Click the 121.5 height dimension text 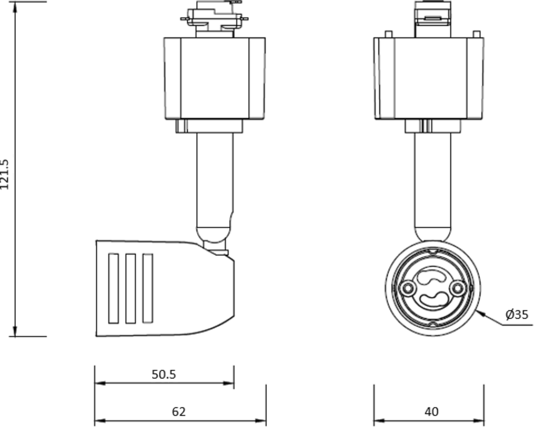pyautogui.click(x=5, y=174)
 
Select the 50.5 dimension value pyautogui.click(x=164, y=374)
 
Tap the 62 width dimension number pyautogui.click(x=178, y=411)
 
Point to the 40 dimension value pyautogui.click(x=431, y=411)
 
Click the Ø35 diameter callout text pyautogui.click(x=517, y=315)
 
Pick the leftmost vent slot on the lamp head pyautogui.click(x=114, y=288)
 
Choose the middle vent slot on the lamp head pyautogui.click(x=131, y=288)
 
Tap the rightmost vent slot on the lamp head pyautogui.click(x=148, y=288)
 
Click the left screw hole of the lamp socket pyautogui.click(x=407, y=289)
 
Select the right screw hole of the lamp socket pyautogui.click(x=457, y=289)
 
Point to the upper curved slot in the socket pyautogui.click(x=431, y=277)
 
